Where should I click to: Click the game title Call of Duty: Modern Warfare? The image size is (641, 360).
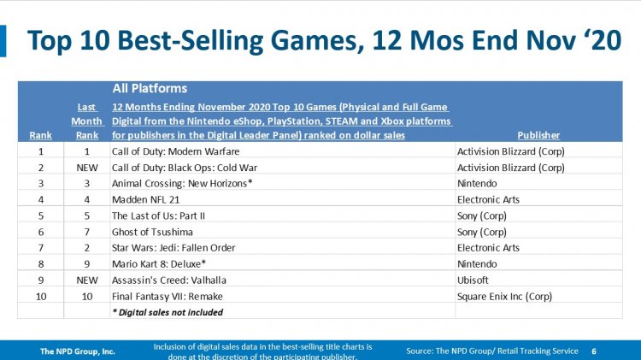click(175, 151)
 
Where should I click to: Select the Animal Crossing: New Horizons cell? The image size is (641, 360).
click(182, 183)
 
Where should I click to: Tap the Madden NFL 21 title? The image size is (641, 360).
click(145, 199)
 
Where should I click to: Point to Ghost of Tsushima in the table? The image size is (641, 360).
click(152, 232)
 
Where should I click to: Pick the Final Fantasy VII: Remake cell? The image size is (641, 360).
click(168, 296)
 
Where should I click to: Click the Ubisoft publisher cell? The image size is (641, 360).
click(473, 280)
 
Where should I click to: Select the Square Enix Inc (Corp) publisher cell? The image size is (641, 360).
click(504, 296)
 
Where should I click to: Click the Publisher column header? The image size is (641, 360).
click(538, 135)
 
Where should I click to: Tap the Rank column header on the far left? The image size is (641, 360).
click(40, 135)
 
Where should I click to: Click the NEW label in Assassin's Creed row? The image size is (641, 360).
click(87, 280)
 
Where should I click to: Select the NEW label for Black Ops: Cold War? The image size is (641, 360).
click(87, 168)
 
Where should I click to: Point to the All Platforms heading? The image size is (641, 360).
click(150, 88)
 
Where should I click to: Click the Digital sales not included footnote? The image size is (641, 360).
click(168, 313)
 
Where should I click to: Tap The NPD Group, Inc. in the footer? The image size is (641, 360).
click(77, 351)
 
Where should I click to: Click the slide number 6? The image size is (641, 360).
click(594, 351)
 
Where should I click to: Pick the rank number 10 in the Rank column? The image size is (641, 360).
click(41, 296)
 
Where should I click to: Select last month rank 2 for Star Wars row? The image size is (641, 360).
click(86, 248)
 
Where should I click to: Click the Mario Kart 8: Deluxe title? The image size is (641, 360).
click(159, 264)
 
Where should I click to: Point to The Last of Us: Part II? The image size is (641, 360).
click(158, 215)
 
